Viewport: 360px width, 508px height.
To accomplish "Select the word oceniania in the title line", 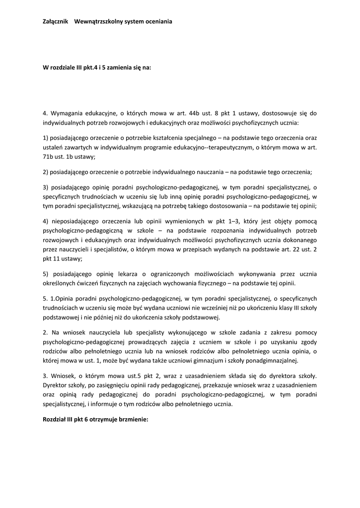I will (x=157, y=22).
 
